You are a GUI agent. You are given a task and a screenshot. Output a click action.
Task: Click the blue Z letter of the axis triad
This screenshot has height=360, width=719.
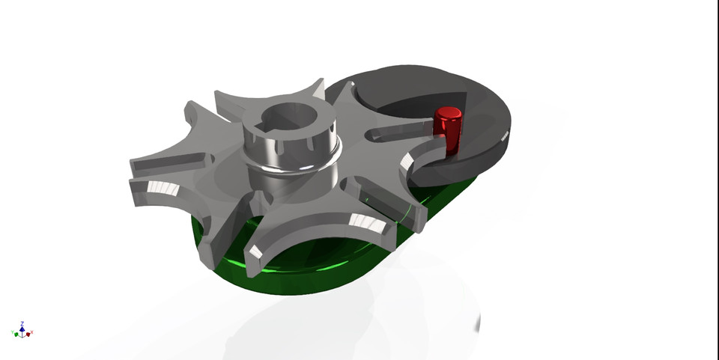(x=22, y=320)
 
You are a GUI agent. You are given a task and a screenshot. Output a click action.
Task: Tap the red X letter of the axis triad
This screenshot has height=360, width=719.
(x=32, y=332)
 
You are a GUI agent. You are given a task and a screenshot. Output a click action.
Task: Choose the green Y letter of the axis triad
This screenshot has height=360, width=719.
(x=13, y=332)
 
